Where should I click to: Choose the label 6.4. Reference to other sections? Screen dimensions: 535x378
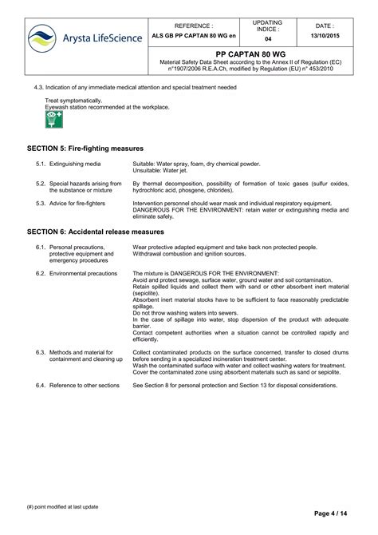tap(77, 385)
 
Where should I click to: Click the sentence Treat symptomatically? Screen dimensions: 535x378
tap(73, 101)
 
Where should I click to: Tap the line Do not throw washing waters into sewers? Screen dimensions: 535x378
tap(185, 313)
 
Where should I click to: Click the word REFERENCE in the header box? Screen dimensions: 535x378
tap(194, 25)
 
